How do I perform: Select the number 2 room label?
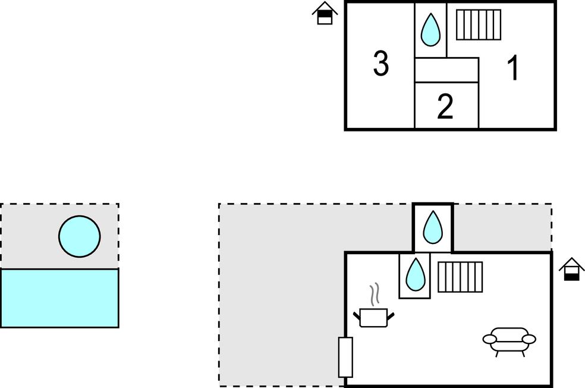(x=445, y=107)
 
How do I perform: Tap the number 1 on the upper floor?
(x=513, y=68)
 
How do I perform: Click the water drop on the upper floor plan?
(x=430, y=30)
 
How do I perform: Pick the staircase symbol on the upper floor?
(x=478, y=24)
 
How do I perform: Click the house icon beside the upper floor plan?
(x=325, y=13)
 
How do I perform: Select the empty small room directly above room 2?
(x=446, y=70)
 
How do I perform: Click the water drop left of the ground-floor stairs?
(x=414, y=274)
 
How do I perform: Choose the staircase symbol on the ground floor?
(x=460, y=277)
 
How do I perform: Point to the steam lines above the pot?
(x=374, y=295)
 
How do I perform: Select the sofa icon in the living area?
(x=509, y=340)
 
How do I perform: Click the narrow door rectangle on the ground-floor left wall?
(x=345, y=357)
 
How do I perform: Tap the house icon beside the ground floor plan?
(x=571, y=269)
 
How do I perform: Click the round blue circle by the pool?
(x=79, y=236)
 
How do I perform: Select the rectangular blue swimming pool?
(x=59, y=298)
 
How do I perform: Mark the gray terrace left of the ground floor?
(x=279, y=298)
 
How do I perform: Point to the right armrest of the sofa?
(x=529, y=339)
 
